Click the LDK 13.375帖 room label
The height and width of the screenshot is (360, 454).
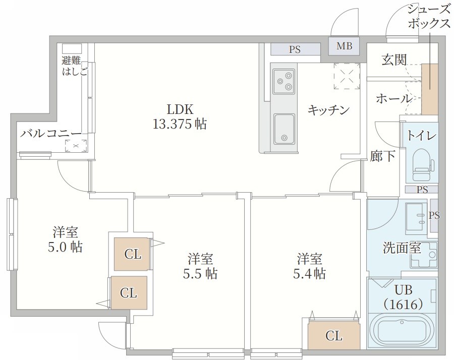(x=180, y=117)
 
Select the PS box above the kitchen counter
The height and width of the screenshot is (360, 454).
(x=295, y=49)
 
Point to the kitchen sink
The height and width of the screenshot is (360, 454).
(x=284, y=129)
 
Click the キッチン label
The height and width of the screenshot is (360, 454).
(x=328, y=110)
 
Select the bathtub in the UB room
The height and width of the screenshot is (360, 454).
(x=402, y=328)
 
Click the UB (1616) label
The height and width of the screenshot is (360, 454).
(x=402, y=297)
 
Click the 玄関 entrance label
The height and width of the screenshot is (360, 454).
(x=393, y=60)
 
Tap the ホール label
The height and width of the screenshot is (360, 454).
(x=393, y=99)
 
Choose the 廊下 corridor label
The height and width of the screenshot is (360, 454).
(x=383, y=156)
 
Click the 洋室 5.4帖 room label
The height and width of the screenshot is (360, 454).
(x=310, y=267)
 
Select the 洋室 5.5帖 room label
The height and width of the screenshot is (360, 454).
(x=200, y=267)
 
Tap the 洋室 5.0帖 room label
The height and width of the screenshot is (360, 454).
(x=66, y=240)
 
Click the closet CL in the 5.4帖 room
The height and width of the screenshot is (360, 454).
(x=334, y=335)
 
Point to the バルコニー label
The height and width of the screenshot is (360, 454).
(x=51, y=134)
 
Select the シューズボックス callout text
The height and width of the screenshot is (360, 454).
(x=428, y=17)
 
